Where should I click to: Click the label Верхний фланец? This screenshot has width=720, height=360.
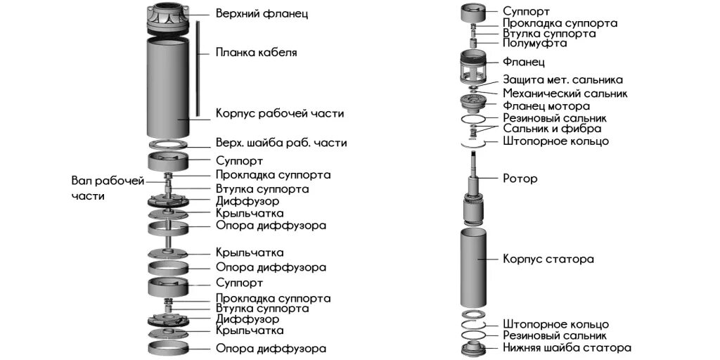262,13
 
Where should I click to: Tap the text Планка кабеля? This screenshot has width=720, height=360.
256,52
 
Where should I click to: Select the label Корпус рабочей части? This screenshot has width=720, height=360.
280,113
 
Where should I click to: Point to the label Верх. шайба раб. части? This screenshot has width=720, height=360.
281,143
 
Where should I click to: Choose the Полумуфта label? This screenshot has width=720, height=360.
534,44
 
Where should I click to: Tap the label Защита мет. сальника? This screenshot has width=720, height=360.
562,80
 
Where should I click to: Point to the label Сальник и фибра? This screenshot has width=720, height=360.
552,129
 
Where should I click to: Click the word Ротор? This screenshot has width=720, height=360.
520,179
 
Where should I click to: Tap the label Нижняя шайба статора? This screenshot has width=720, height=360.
567,347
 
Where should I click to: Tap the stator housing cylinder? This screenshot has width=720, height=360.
472,267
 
